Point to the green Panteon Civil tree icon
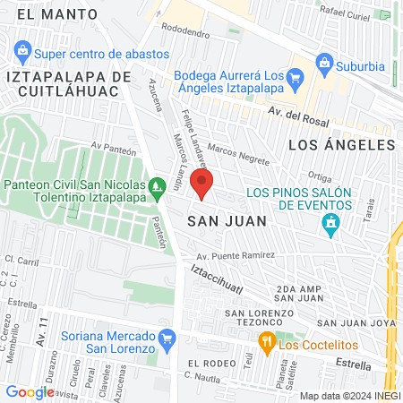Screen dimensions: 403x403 point(158,187)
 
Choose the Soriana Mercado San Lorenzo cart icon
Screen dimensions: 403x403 point(167,338)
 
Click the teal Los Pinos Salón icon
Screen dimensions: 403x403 point(333,222)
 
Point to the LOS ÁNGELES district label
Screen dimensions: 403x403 point(341,144)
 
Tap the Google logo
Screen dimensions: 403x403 point(30,391)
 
